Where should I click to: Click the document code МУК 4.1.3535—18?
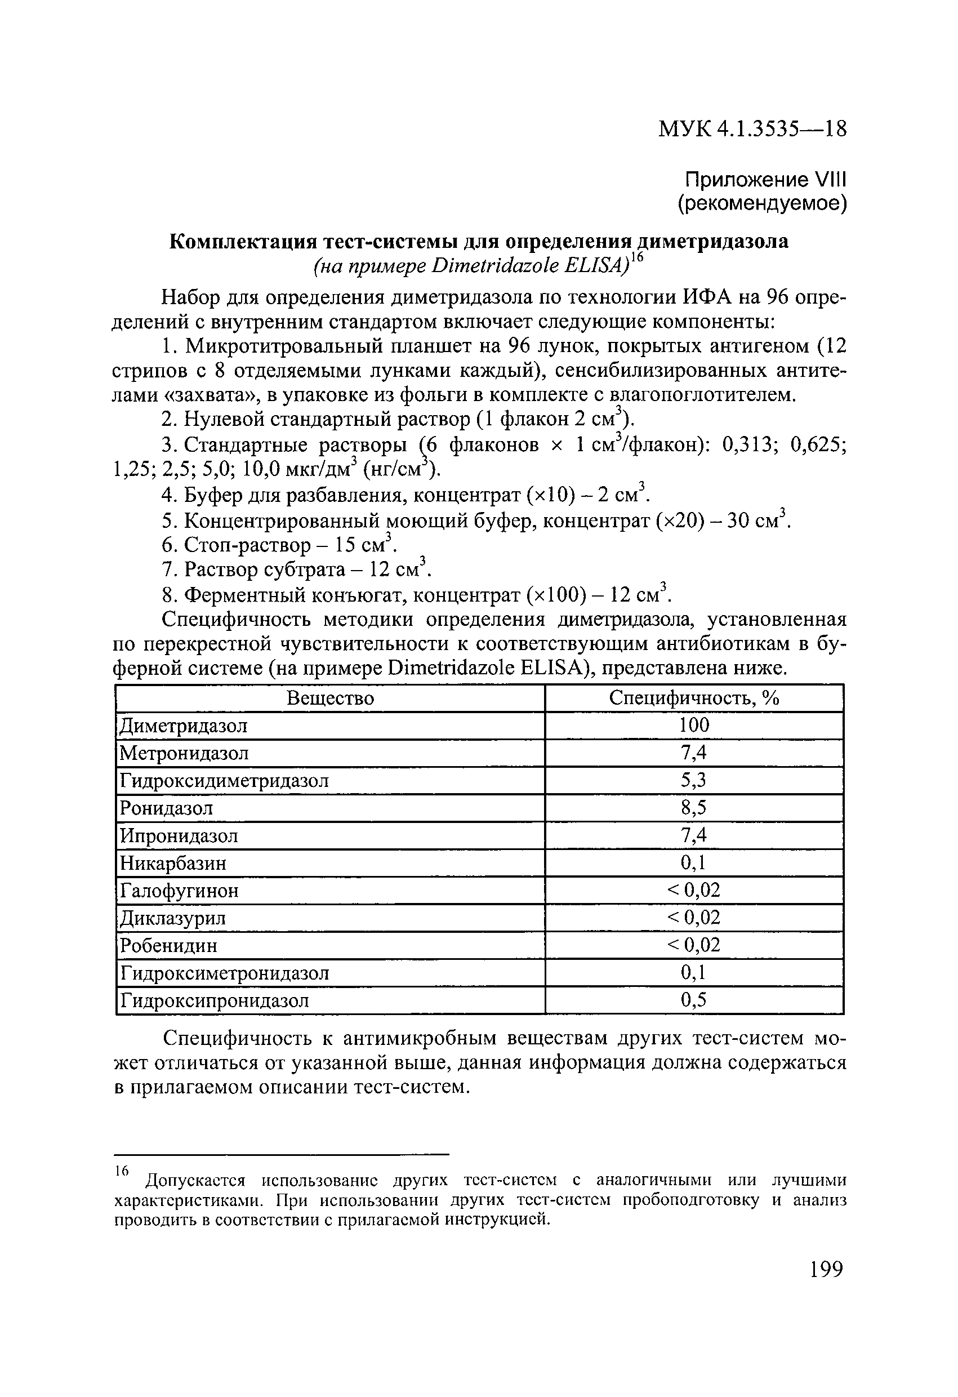point(752,129)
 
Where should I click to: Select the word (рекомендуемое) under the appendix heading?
point(762,204)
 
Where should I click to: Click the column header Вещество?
point(330,698)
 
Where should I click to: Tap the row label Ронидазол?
point(167,808)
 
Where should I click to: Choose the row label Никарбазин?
point(173,863)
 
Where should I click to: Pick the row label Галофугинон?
point(180,891)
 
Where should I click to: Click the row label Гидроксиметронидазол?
point(225,973)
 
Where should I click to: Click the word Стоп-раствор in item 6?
point(248,545)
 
